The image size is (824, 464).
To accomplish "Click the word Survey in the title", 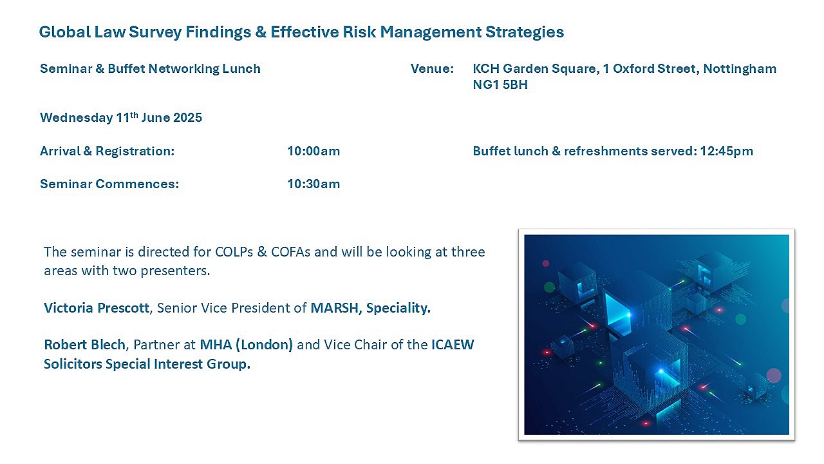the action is [155, 32].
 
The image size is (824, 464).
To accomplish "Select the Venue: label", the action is [432, 68].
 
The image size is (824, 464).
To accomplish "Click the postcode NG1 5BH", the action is [500, 84].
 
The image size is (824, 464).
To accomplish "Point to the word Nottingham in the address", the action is [740, 69].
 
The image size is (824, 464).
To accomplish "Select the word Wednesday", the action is [77, 118].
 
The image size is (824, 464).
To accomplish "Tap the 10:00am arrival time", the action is [314, 151].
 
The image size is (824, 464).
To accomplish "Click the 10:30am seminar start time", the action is [314, 184].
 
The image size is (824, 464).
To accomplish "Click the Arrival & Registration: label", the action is [107, 151].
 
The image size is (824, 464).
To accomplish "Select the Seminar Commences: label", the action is [109, 184].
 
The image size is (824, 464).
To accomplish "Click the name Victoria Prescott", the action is [97, 308].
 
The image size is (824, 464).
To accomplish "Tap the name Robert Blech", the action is [84, 345].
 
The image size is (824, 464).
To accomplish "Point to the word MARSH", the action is [334, 308].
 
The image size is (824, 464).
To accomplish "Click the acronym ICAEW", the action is [453, 345].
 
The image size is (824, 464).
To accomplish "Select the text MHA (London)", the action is [246, 345].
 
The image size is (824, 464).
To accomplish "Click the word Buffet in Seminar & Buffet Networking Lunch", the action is [126, 68].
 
